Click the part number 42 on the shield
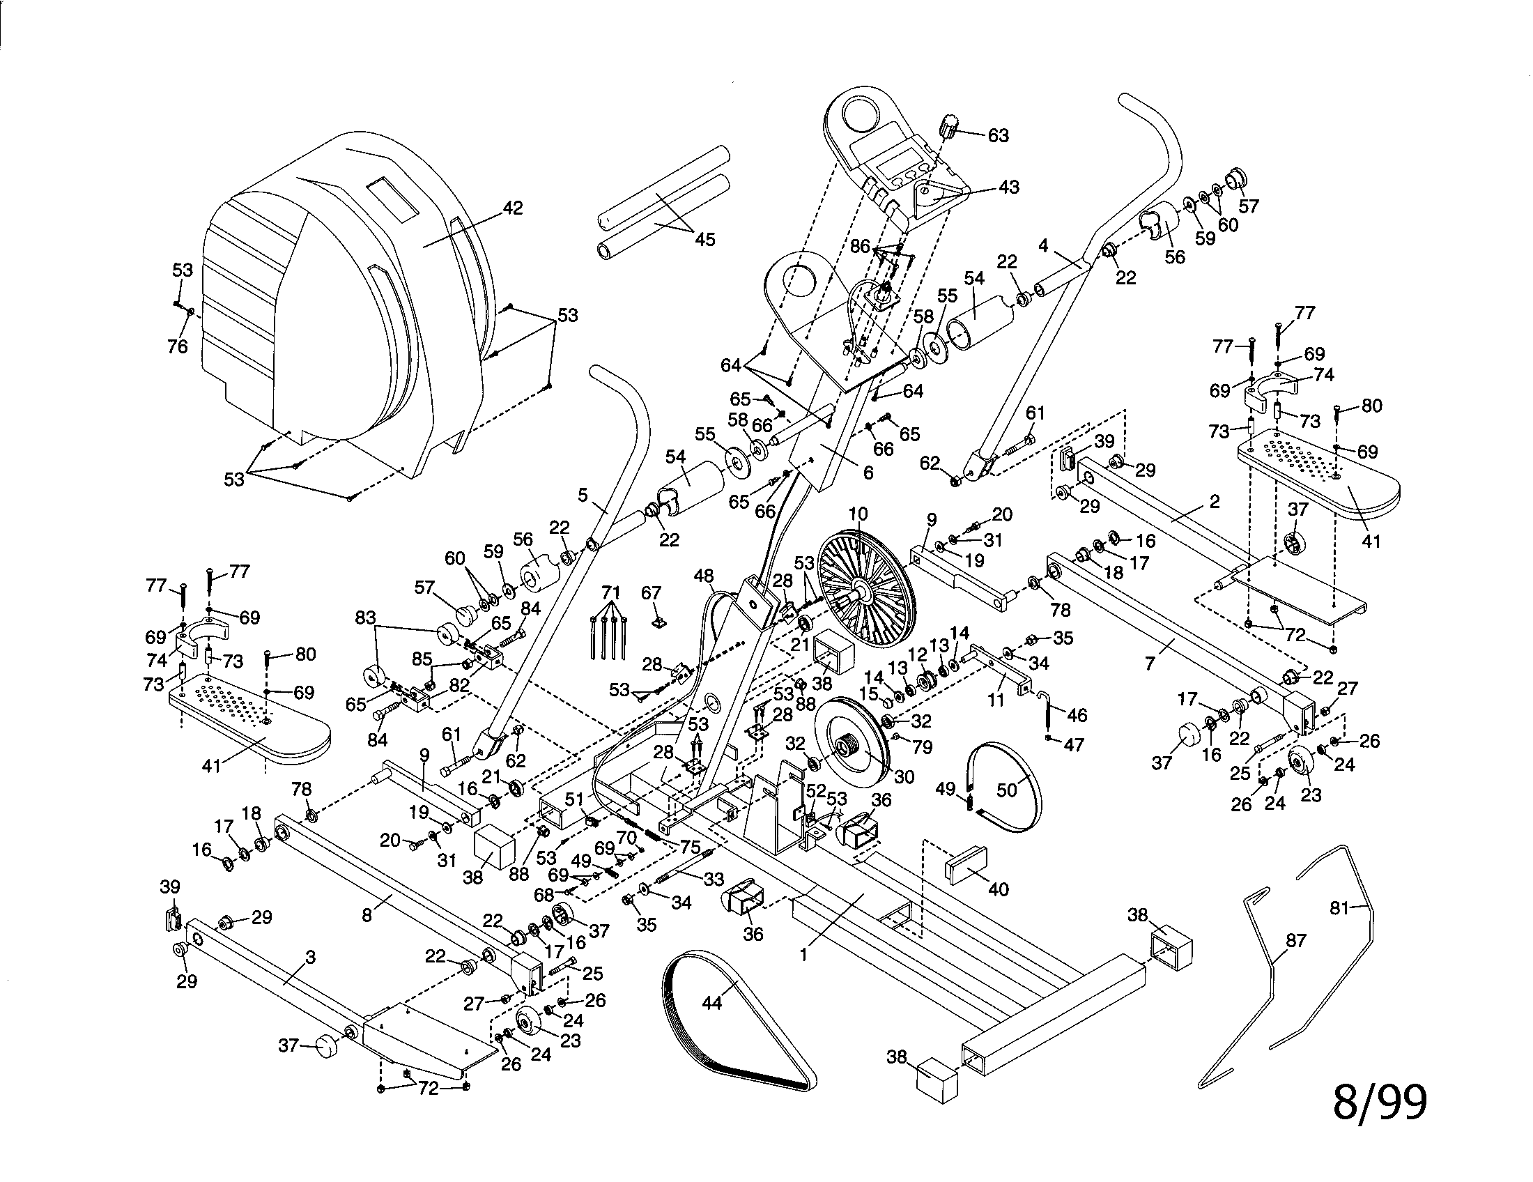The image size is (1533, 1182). click(x=513, y=209)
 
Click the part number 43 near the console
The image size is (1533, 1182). click(x=1009, y=187)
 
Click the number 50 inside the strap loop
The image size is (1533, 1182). click(x=1007, y=790)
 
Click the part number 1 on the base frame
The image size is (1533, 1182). click(x=804, y=954)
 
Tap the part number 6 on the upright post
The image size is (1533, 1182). click(x=868, y=473)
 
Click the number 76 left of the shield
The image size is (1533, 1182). click(x=178, y=346)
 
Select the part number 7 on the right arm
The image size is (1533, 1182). click(x=1150, y=663)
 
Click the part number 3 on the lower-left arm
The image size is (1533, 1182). click(x=311, y=957)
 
